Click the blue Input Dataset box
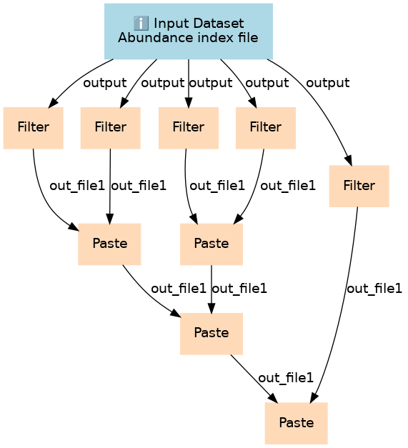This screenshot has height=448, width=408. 189,31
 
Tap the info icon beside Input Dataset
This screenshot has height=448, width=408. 141,24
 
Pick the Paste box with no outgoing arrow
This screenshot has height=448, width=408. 297,423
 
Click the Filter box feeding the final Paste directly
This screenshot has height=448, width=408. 359,186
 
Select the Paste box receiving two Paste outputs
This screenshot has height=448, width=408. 212,334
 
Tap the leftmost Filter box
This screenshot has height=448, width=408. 33,128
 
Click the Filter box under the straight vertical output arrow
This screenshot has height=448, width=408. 189,128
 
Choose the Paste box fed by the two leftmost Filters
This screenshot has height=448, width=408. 109,244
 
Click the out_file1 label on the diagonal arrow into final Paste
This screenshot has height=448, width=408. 286,378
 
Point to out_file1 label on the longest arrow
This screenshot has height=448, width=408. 374,289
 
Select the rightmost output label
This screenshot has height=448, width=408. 328,83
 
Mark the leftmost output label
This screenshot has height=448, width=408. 105,83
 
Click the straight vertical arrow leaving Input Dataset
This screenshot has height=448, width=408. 189,84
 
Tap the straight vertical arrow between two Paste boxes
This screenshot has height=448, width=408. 212,289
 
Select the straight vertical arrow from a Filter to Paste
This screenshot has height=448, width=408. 110,186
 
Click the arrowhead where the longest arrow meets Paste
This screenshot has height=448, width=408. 314,398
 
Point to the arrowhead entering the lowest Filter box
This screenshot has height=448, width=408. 349,160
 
